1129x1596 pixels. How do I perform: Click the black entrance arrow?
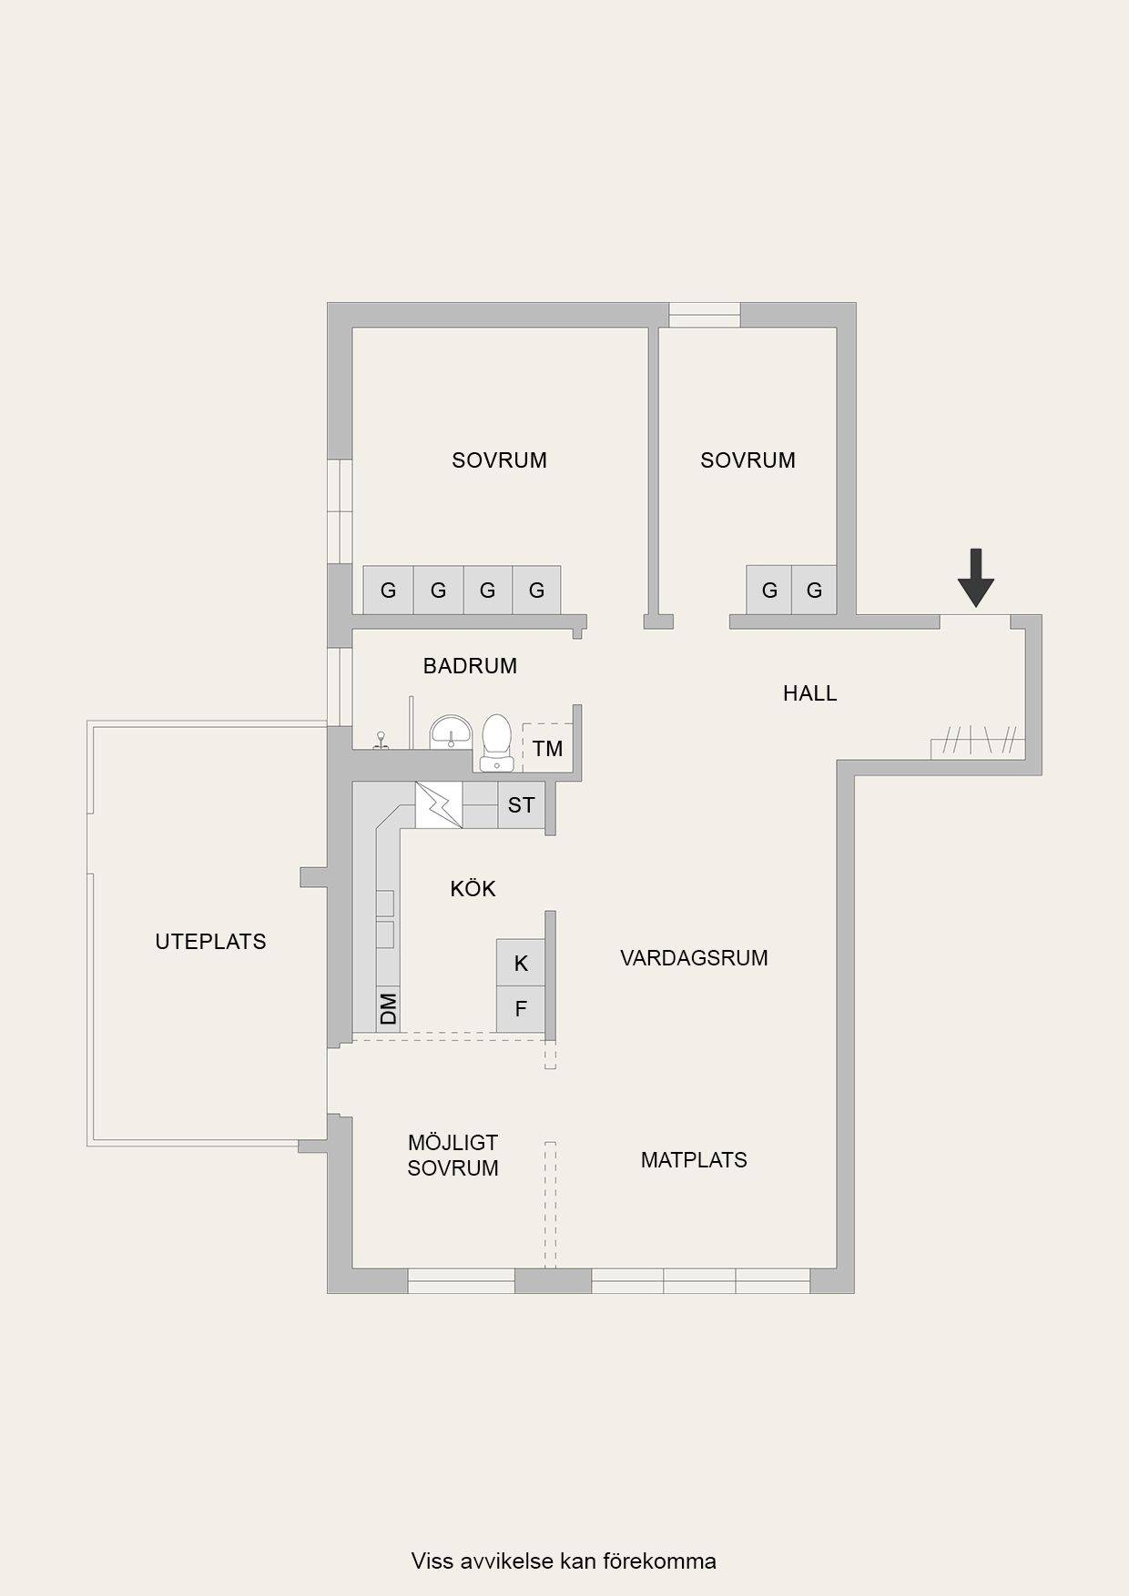point(976,578)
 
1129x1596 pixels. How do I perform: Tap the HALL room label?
point(809,693)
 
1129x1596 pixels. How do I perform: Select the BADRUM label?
point(470,666)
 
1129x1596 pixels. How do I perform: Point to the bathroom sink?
point(450,732)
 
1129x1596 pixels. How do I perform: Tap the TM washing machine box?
point(547,748)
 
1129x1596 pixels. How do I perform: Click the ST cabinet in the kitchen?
point(521,804)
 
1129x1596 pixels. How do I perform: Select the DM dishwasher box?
point(388,1008)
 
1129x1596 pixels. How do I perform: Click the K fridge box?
point(521,963)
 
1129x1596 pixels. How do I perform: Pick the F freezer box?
point(521,1009)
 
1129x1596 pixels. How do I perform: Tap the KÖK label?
point(473,888)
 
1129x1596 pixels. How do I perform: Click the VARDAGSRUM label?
point(694,957)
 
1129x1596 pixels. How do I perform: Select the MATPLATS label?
point(694,1160)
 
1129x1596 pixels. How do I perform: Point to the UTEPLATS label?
point(210,942)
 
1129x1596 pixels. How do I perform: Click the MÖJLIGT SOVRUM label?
point(453,1156)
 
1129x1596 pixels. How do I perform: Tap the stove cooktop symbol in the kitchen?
point(439,804)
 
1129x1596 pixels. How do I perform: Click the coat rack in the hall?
point(978,742)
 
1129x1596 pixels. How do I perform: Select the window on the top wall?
point(705,315)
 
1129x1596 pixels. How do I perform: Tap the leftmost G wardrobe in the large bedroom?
point(388,590)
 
